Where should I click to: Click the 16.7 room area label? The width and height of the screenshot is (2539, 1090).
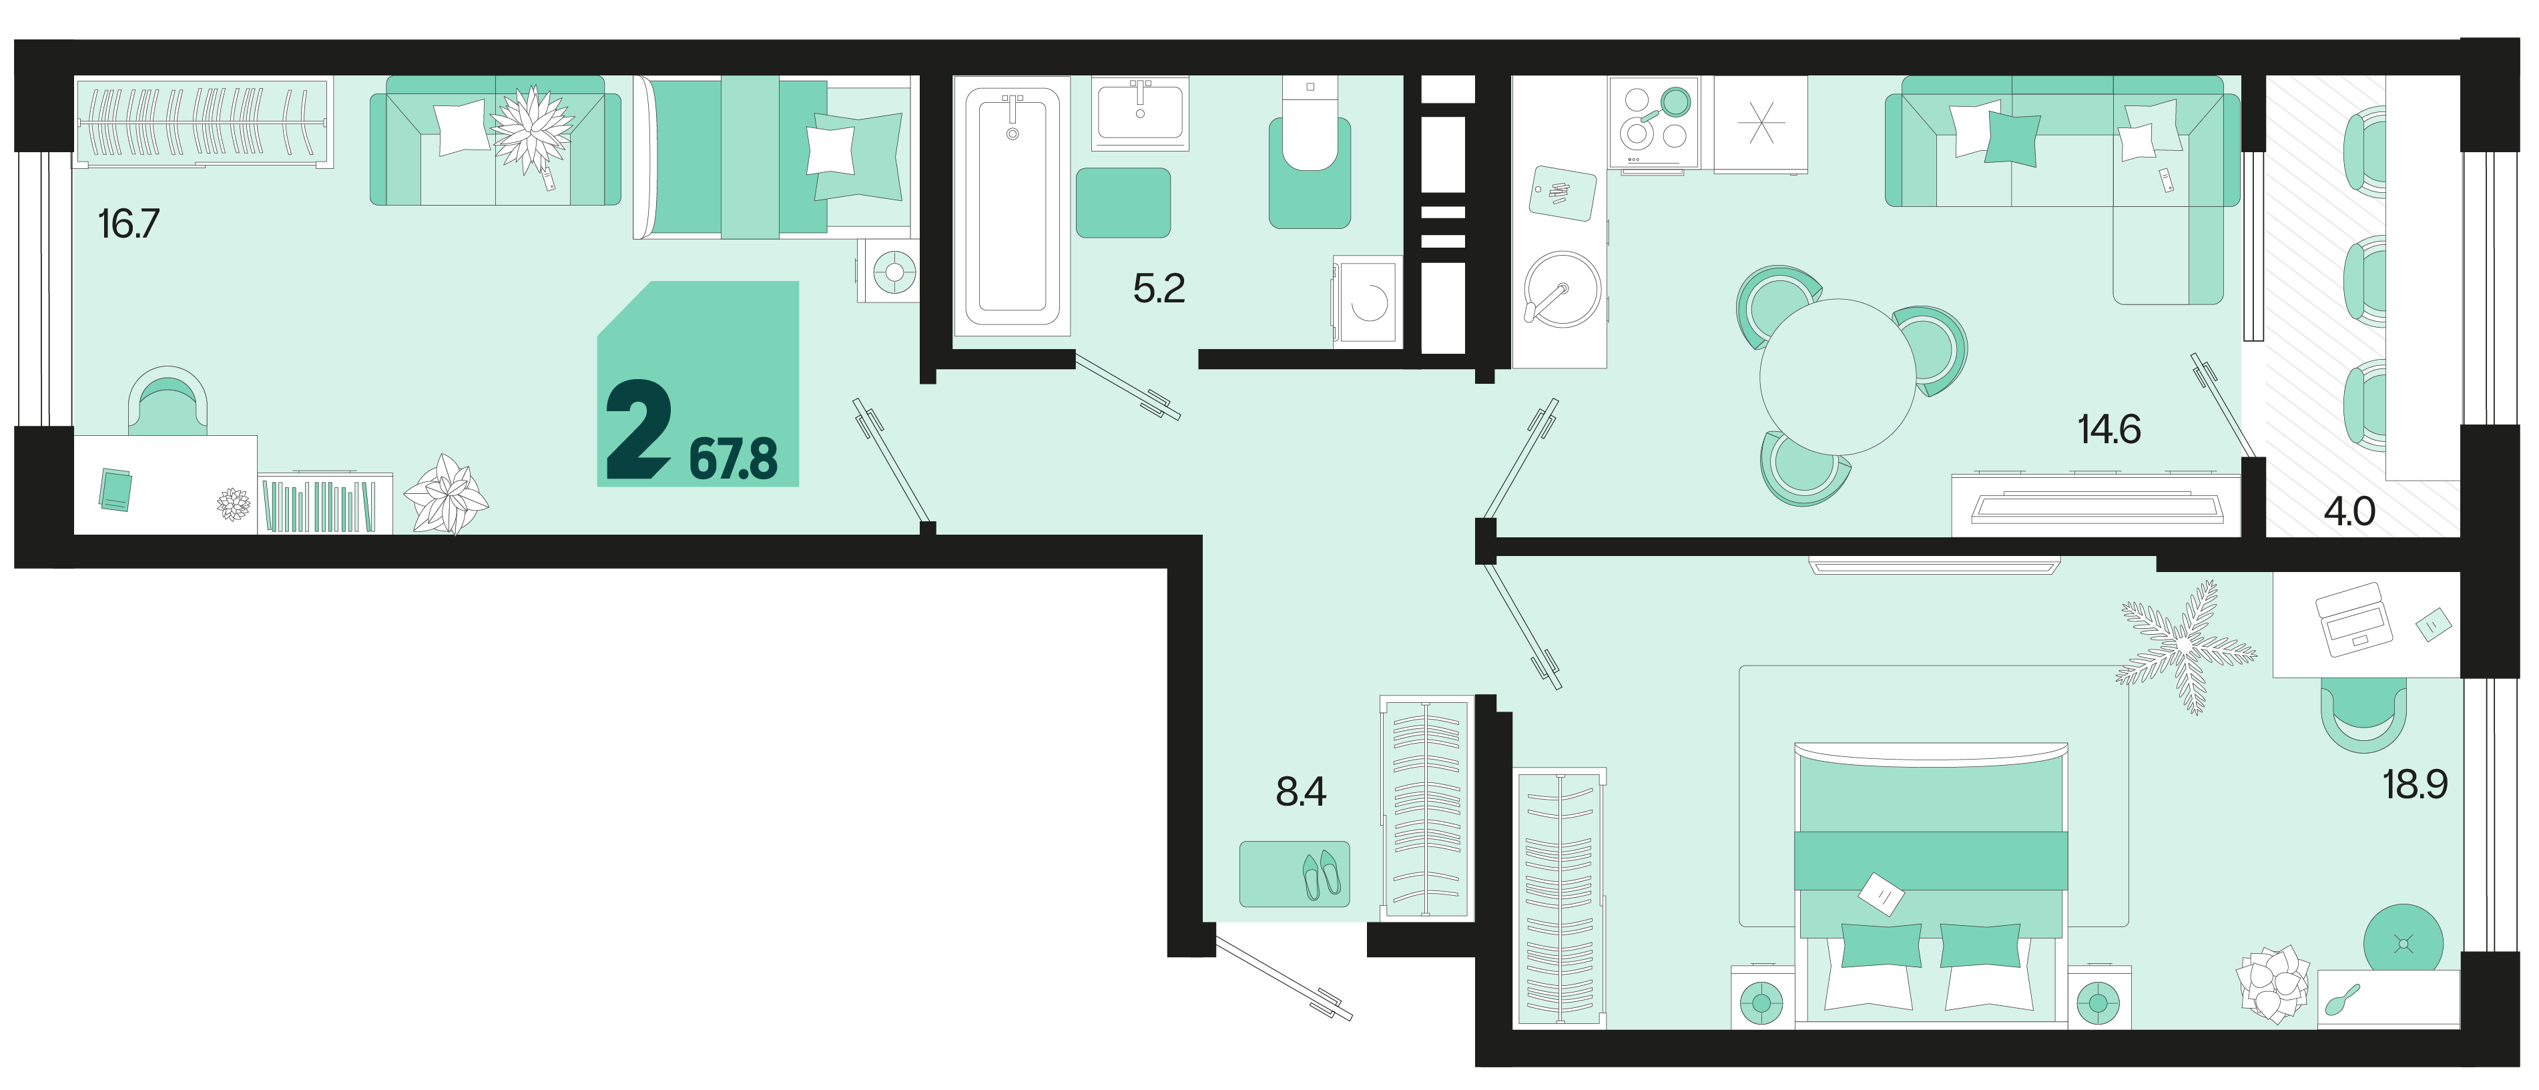point(128,224)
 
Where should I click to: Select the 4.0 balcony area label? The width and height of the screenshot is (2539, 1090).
point(2349,511)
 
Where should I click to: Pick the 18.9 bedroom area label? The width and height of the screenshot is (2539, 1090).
point(2415,784)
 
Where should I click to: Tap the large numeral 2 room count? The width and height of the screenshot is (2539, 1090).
point(639,432)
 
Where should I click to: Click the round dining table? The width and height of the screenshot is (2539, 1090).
point(1838,376)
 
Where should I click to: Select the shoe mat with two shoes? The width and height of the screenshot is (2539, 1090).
point(1294,873)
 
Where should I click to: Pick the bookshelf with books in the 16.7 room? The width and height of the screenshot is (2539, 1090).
point(325,505)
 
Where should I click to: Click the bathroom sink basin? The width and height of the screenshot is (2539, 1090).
point(1141,112)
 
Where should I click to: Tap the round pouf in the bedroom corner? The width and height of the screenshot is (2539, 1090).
point(2403,944)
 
